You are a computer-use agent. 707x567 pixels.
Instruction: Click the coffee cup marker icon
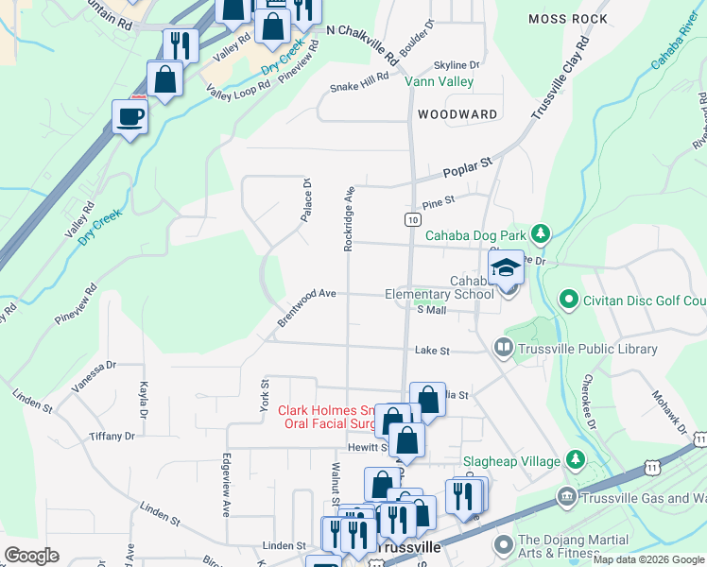tap(130, 117)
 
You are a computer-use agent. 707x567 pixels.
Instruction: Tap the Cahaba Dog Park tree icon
tap(540, 232)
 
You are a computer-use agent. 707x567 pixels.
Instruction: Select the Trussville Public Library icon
tap(503, 349)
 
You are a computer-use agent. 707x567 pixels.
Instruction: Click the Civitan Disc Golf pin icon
tap(568, 301)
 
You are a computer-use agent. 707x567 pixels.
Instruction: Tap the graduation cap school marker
tap(507, 268)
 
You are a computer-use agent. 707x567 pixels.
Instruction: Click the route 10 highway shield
tap(412, 219)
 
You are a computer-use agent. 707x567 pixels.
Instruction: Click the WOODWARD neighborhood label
tap(457, 114)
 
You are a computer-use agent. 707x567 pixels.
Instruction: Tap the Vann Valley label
tap(440, 82)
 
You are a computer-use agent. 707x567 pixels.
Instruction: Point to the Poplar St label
tap(469, 169)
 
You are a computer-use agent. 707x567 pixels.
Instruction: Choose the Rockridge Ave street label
tap(349, 217)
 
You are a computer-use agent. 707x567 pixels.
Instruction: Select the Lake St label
tap(432, 351)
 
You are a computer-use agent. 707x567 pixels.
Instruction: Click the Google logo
tap(32, 555)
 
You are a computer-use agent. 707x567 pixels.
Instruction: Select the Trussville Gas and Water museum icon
tap(565, 496)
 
